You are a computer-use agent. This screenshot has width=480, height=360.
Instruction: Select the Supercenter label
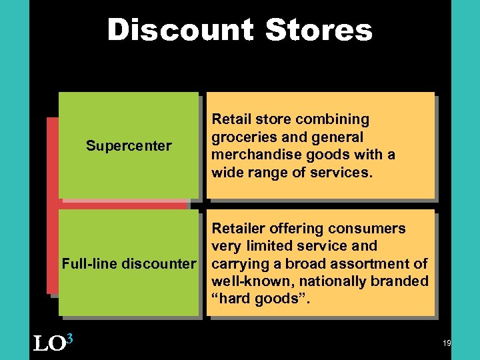click(x=129, y=145)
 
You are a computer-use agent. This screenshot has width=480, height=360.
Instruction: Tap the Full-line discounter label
click(x=129, y=263)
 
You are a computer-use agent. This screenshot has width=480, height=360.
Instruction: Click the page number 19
click(x=447, y=343)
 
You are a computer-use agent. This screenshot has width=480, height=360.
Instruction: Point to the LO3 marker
click(x=53, y=342)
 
